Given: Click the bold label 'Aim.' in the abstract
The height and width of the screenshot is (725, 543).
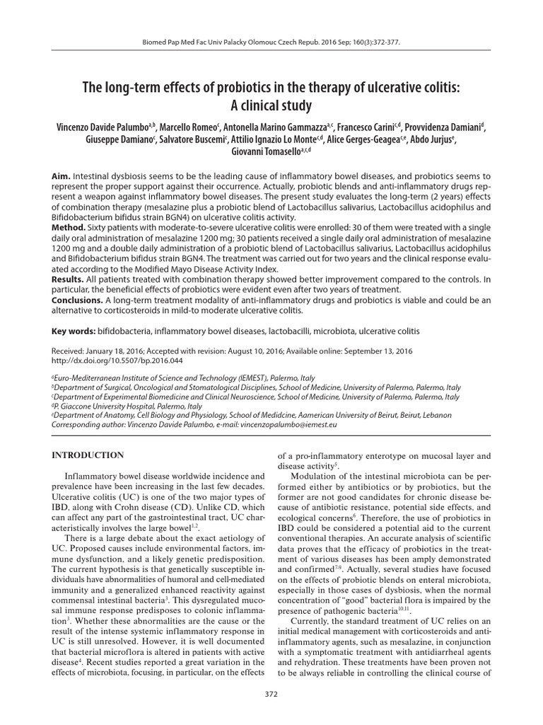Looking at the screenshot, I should pyautogui.click(x=63, y=175).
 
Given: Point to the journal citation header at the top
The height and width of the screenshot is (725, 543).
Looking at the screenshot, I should pyautogui.click(x=271, y=42).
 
